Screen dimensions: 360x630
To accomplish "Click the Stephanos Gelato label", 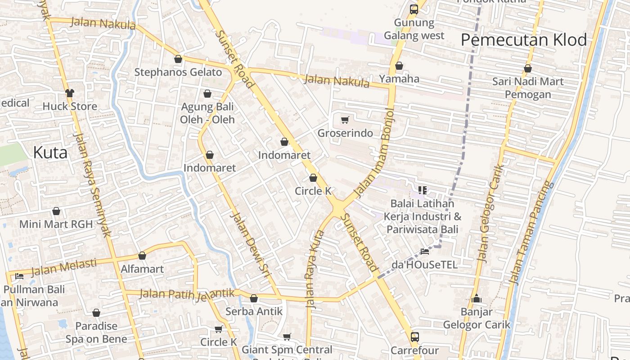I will pyautogui.click(x=178, y=72).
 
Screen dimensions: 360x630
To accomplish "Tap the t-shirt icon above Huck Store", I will pyautogui.click(x=70, y=93).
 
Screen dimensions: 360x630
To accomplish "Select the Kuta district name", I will pyautogui.click(x=50, y=153).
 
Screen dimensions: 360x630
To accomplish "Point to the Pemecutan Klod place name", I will pyautogui.click(x=524, y=40).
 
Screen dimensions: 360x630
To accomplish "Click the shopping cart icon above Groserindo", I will pyautogui.click(x=345, y=120).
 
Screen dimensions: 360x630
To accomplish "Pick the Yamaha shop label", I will pyautogui.click(x=399, y=79).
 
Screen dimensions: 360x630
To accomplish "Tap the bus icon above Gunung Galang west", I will pyautogui.click(x=414, y=9).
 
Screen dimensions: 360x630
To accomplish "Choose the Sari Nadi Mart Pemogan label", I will pyautogui.click(x=528, y=88).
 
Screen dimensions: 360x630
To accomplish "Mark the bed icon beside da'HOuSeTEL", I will pyautogui.click(x=424, y=251).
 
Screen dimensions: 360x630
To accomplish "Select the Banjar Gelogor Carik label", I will pyautogui.click(x=477, y=318).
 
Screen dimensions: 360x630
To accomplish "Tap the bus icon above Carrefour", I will pyautogui.click(x=415, y=337).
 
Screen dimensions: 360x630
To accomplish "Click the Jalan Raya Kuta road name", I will pyautogui.click(x=315, y=269).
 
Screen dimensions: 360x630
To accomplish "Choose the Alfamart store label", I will pyautogui.click(x=142, y=269).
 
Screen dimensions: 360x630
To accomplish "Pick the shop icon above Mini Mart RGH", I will pyautogui.click(x=56, y=211).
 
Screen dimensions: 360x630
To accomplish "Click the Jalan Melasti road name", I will pyautogui.click(x=64, y=266).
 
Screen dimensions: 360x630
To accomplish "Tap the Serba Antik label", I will pyautogui.click(x=254, y=311).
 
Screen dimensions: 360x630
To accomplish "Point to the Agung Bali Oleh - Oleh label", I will pyautogui.click(x=207, y=113).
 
